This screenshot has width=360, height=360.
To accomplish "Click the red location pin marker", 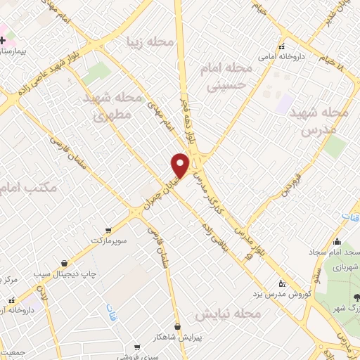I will (181, 165).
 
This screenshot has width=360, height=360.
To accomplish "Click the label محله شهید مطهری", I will (112, 105).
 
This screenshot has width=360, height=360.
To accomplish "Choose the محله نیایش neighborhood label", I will (229, 313).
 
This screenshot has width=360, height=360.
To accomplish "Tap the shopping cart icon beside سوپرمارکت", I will (108, 229).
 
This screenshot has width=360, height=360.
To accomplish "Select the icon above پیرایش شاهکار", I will (177, 326).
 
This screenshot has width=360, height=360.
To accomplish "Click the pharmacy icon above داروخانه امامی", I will (282, 45).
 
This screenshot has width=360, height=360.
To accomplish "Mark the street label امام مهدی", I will (162, 115).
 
